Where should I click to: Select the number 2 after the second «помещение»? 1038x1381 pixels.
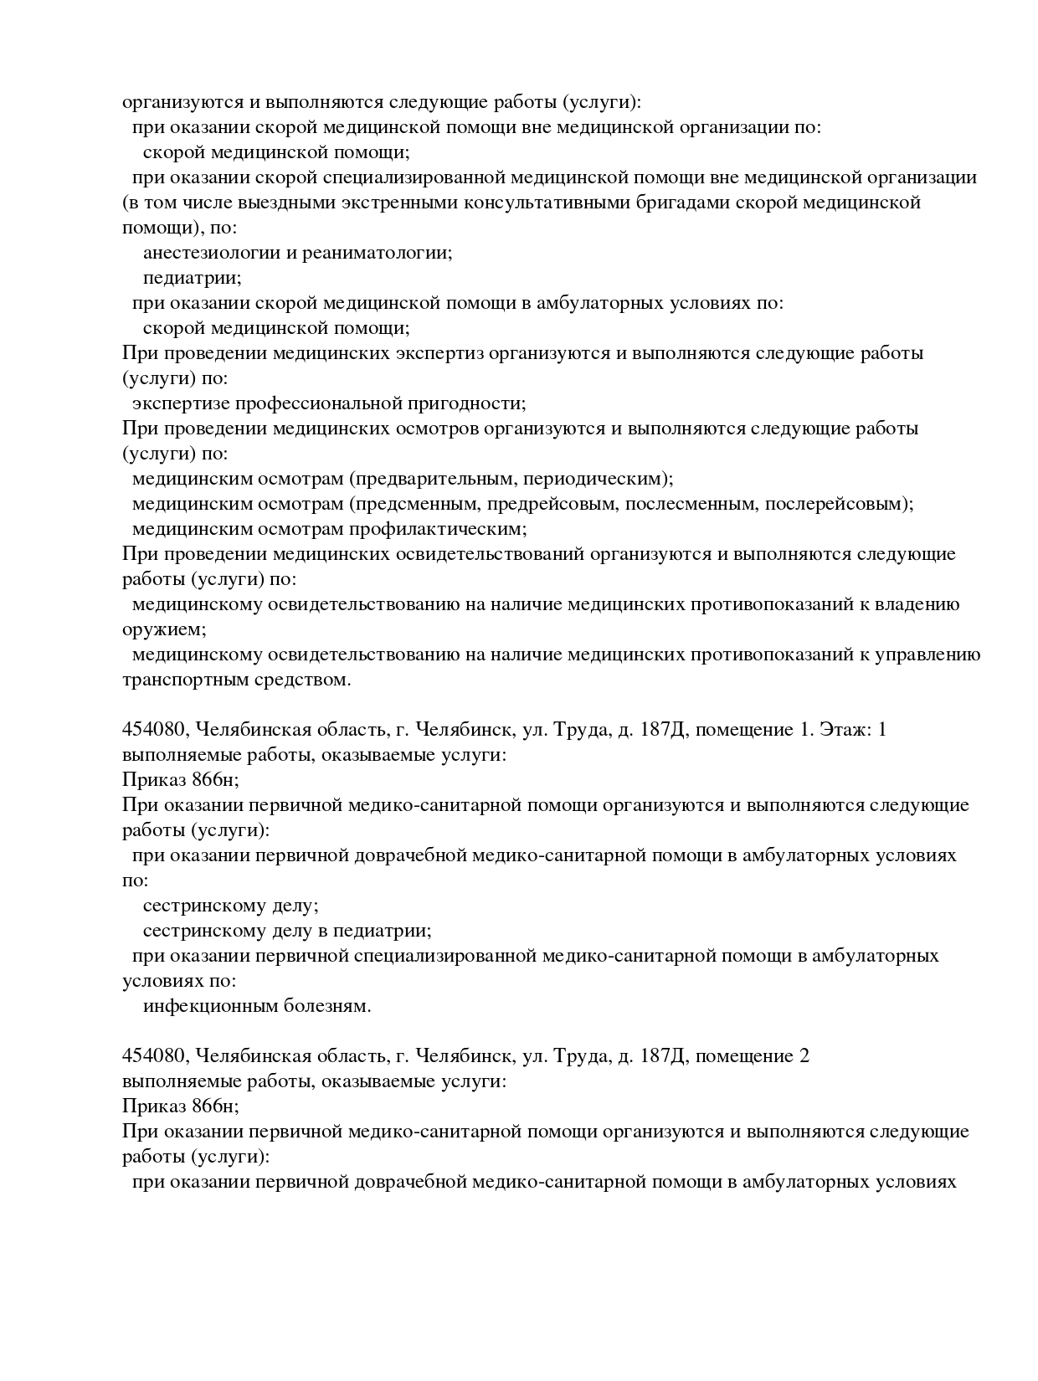804,1056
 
